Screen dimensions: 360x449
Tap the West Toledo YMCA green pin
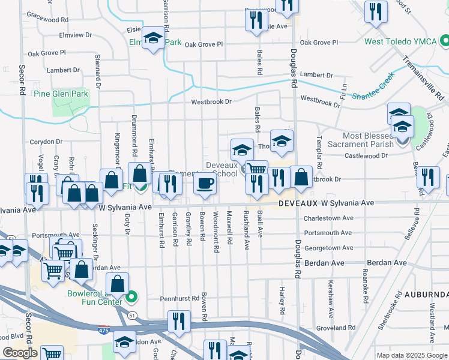coord(445,41)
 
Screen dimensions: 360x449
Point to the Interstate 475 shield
coord(103,329)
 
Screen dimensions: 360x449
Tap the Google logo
coord(20,353)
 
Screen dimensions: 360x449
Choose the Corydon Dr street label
coord(46,142)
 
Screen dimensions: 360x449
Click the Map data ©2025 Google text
coord(411,355)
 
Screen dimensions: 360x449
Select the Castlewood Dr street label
coord(367,155)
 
